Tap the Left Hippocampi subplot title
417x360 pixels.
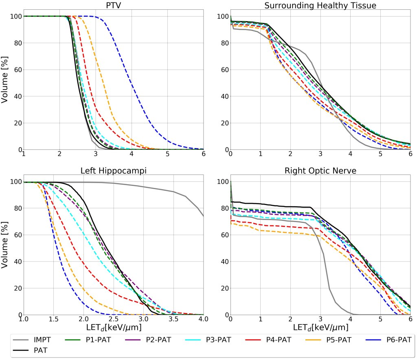114,171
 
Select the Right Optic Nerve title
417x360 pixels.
320,171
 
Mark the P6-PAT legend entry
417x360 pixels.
391,340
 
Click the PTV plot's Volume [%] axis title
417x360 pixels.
6,83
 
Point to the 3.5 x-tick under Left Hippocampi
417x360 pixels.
173,319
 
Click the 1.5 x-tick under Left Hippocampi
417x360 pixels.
53,319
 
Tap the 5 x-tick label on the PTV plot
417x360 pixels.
167,154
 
